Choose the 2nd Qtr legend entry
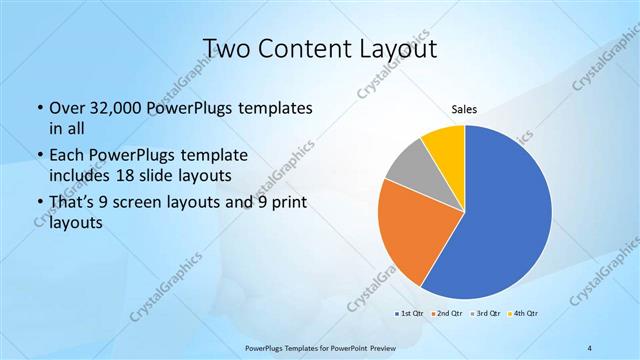point(445,314)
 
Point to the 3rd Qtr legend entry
point(485,314)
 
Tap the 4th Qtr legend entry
point(524,314)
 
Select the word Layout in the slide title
point(400,48)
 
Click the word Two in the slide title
point(225,48)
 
